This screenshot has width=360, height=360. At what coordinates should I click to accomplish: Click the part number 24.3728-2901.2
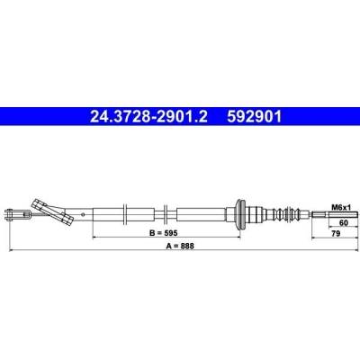pos(148,116)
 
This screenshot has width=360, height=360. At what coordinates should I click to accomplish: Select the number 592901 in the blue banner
pos(255,116)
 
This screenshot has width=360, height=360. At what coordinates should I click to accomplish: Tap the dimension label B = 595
pos(164,232)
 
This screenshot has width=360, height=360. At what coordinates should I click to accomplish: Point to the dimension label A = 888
pos(180,246)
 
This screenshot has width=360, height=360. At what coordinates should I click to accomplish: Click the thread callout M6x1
pos(341,207)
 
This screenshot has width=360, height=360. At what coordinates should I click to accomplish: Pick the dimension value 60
pos(344,222)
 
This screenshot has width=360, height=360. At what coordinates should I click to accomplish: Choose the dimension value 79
pos(336,233)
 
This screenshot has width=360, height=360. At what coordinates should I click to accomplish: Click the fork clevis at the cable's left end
pos(15,214)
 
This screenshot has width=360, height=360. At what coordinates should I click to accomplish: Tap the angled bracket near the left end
pos(52,212)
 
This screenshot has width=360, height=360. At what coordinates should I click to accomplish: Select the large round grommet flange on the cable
pos(239,214)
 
